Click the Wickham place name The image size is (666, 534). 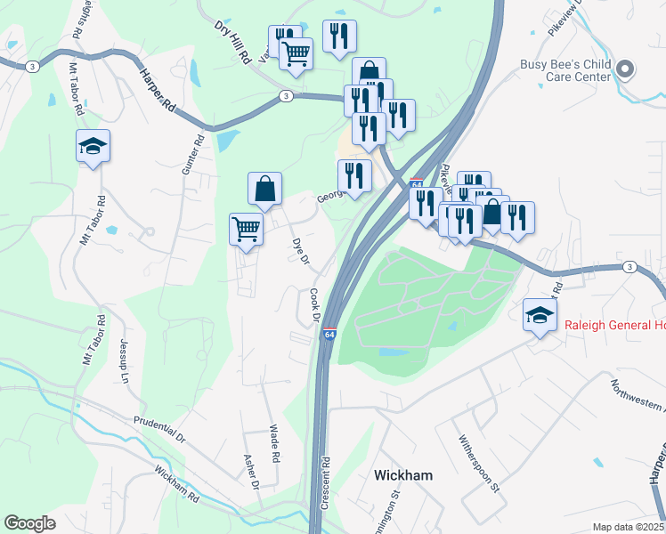pyautogui.click(x=403, y=475)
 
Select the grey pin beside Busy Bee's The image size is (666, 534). pyautogui.click(x=625, y=69)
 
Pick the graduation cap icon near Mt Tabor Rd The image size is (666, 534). pyautogui.click(x=93, y=146)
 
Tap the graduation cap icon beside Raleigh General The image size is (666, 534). pyautogui.click(x=539, y=315)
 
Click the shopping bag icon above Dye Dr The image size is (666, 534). pyautogui.click(x=264, y=189)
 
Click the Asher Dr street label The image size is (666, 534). pyautogui.click(x=250, y=473)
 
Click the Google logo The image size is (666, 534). pyautogui.click(x=29, y=523)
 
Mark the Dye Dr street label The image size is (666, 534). pyautogui.click(x=300, y=250)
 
